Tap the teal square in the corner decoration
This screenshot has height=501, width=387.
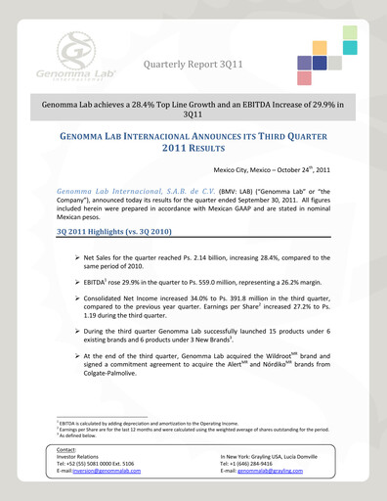[x=350, y=47]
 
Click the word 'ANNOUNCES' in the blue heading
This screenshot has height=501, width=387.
[x=208, y=138]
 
